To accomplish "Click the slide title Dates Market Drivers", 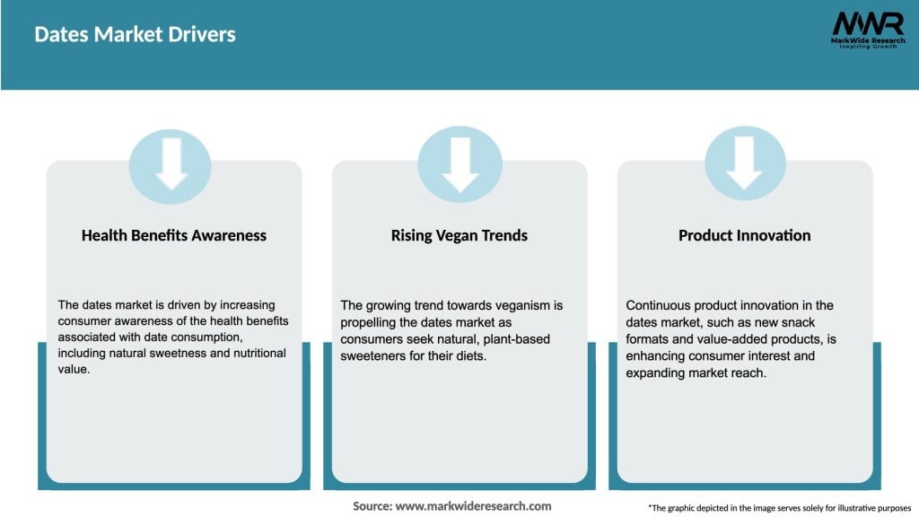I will (135, 35).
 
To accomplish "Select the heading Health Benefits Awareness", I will (174, 235).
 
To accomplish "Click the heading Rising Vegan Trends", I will (459, 235).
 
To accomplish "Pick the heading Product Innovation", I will (745, 235).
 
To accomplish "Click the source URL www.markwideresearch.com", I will (473, 506).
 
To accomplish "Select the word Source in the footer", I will (372, 506).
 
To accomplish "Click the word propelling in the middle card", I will (371, 321).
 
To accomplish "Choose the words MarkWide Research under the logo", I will (867, 40).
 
